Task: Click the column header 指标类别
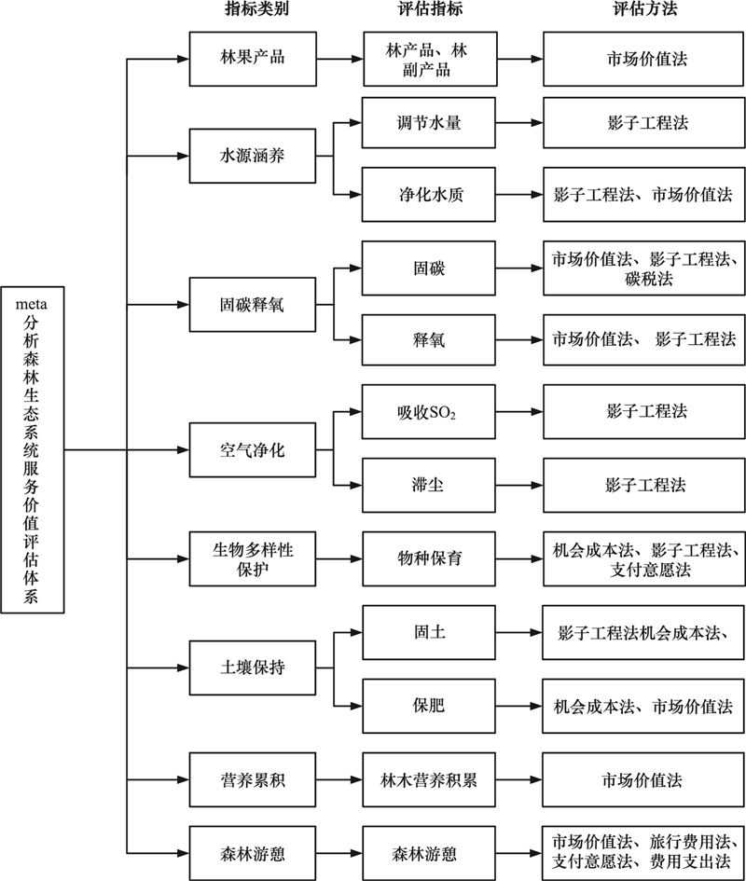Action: coord(256,9)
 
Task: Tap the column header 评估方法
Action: coord(644,9)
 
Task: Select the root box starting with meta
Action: coord(32,449)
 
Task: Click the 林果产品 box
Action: coord(253,59)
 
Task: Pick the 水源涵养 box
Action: coord(253,156)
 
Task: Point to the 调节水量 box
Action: coord(428,123)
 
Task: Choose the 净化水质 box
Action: coord(428,195)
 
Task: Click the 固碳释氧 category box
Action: coord(253,305)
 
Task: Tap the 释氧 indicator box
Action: coord(428,340)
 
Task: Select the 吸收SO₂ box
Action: coord(428,412)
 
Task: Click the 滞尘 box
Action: coord(428,486)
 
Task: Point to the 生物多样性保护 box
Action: coord(253,559)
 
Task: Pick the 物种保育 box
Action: coord(428,559)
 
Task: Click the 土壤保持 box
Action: coord(253,668)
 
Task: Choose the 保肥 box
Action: coord(428,706)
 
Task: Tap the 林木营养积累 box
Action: coord(428,780)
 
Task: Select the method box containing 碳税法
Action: coord(643,268)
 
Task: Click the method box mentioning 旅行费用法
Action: coord(643,853)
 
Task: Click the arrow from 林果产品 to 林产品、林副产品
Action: coord(340,59)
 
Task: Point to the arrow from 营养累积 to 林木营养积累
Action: coord(339,780)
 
